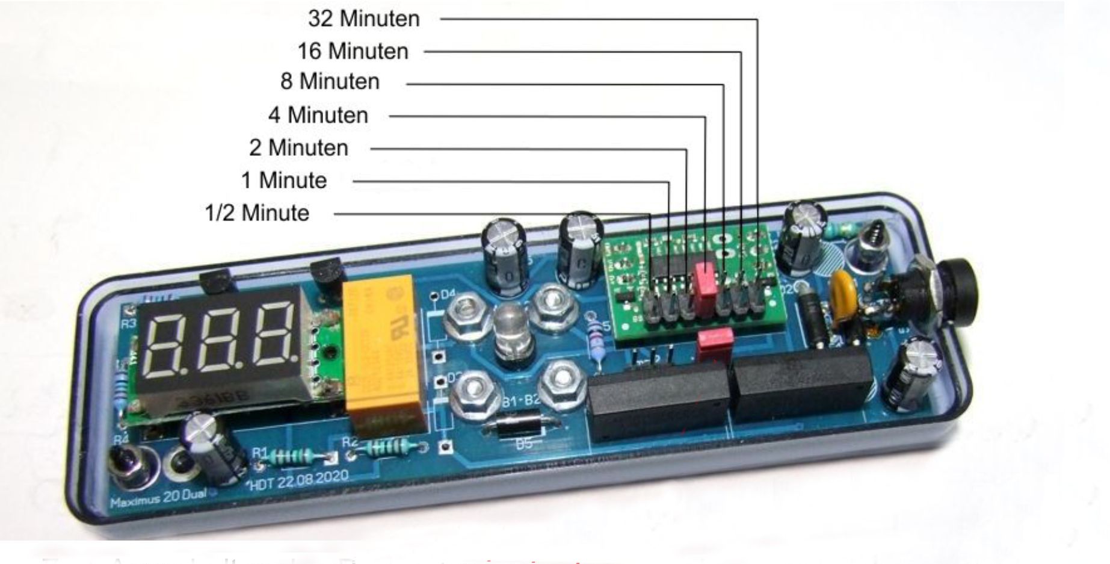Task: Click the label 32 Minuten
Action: tap(363, 19)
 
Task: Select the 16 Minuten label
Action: tap(353, 51)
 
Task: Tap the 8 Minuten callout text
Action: tap(330, 81)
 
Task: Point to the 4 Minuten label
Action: tap(318, 115)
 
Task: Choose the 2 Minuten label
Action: tap(298, 147)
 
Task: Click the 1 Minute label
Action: tap(283, 180)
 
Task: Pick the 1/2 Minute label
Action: tap(257, 213)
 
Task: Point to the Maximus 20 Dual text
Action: tap(158, 498)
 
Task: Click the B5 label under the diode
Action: tap(524, 444)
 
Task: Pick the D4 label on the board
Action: tap(448, 295)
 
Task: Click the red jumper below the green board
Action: tap(715, 341)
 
